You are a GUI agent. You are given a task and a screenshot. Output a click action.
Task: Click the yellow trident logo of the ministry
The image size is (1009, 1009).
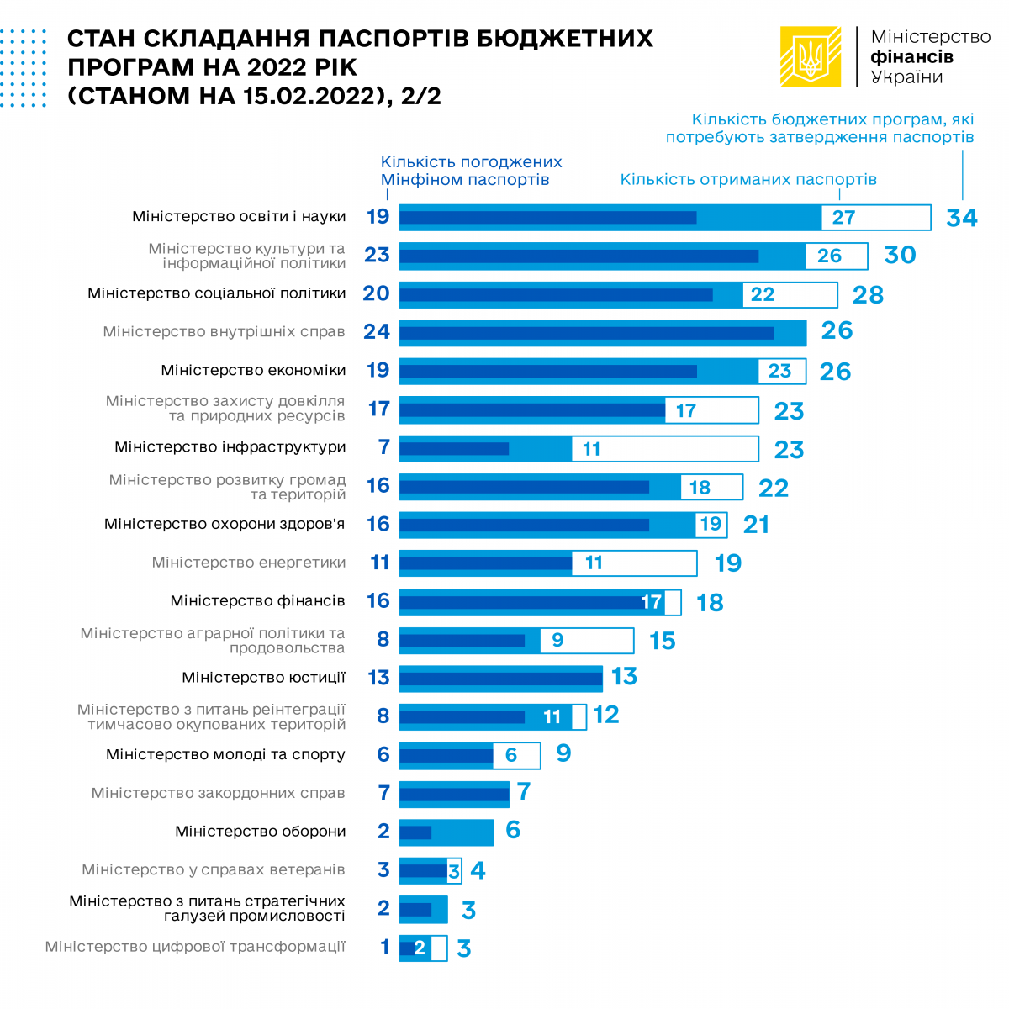[x=811, y=56]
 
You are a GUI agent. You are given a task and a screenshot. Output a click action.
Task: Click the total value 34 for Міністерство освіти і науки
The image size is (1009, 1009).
[x=961, y=218]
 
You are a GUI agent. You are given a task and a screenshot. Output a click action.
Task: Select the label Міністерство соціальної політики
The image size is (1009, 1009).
[x=217, y=293]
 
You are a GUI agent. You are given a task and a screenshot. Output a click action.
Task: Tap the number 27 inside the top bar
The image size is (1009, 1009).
[x=843, y=218]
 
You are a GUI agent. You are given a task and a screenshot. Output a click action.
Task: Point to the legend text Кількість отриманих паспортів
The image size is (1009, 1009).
[x=748, y=179]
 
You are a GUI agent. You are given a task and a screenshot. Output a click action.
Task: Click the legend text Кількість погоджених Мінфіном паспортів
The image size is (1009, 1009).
[x=471, y=171]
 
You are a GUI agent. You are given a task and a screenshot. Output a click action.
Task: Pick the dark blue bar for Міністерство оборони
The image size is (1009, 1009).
[x=415, y=832]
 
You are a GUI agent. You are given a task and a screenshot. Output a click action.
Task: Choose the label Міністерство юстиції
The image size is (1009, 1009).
[x=263, y=678]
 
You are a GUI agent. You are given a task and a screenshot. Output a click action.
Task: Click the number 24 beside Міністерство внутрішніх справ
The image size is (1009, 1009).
[x=377, y=331]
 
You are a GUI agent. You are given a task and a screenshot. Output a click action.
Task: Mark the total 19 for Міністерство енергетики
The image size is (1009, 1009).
[x=728, y=563]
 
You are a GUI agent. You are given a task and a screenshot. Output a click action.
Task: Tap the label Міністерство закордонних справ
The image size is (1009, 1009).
[x=219, y=793]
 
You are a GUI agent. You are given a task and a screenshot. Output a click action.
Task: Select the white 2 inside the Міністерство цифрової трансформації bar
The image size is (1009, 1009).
[x=419, y=948]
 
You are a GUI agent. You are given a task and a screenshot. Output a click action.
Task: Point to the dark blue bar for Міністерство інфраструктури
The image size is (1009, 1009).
[x=454, y=449]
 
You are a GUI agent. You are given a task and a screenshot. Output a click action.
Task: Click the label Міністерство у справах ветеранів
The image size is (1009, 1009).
[x=214, y=869]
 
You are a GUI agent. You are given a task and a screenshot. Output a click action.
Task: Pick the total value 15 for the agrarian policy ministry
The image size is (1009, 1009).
[x=662, y=641]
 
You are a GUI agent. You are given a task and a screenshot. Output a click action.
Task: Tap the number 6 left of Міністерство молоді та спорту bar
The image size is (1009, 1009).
[x=383, y=754]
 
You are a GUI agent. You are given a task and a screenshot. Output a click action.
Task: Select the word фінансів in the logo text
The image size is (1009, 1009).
[x=911, y=57]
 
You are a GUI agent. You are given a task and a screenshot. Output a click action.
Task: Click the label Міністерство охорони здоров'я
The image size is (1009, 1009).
[x=225, y=524]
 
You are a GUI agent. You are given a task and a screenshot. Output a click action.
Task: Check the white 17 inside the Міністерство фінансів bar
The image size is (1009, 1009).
[x=651, y=602]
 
